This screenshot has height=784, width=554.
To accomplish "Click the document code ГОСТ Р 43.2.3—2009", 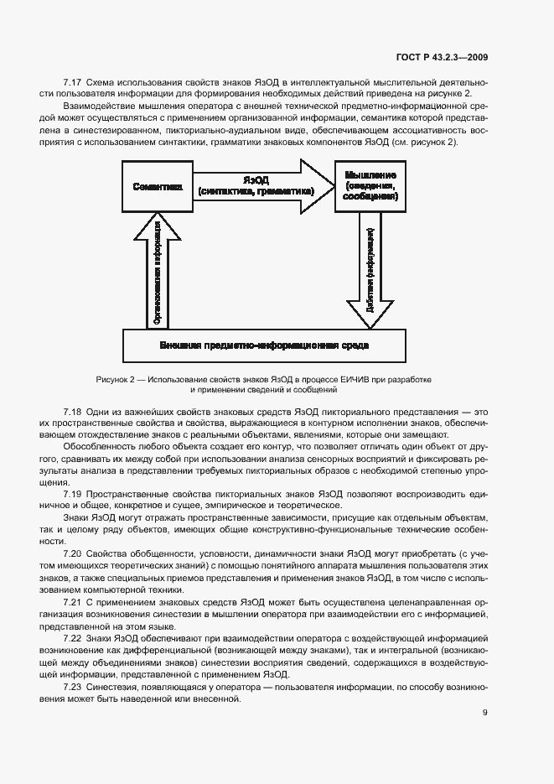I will point(442,56).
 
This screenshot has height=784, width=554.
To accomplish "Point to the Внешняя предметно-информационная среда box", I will point(264,345).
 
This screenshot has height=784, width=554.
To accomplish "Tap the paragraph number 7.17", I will point(72,81).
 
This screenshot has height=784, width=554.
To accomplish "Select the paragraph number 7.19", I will point(72,493).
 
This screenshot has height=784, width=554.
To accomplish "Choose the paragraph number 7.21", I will point(72,603).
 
